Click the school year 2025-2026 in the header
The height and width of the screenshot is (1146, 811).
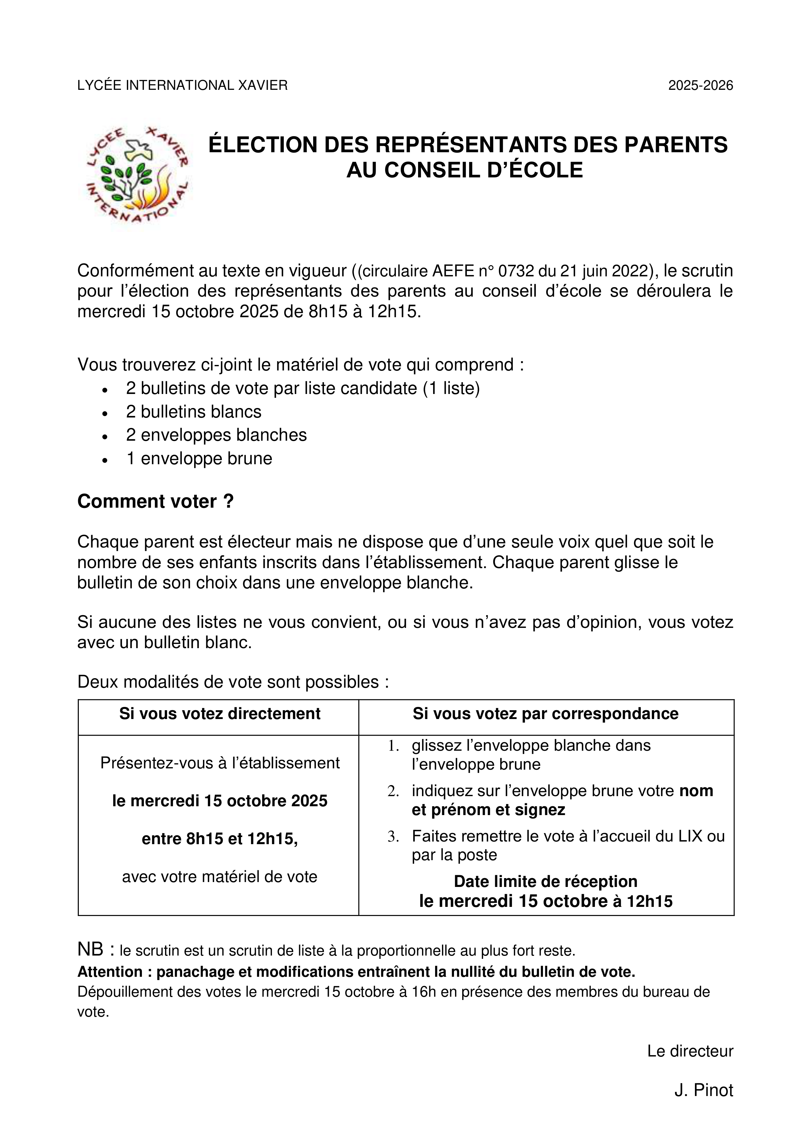point(700,85)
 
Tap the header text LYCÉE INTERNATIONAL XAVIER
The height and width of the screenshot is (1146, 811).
point(182,85)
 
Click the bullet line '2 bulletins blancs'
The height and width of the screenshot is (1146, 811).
point(194,412)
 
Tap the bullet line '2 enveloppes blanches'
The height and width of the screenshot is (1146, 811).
point(216,435)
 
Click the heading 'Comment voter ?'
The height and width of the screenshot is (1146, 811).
point(155,501)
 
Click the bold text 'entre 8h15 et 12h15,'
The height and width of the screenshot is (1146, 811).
point(220,839)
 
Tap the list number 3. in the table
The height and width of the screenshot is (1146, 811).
point(393,836)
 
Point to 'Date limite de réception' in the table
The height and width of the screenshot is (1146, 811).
point(545,881)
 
